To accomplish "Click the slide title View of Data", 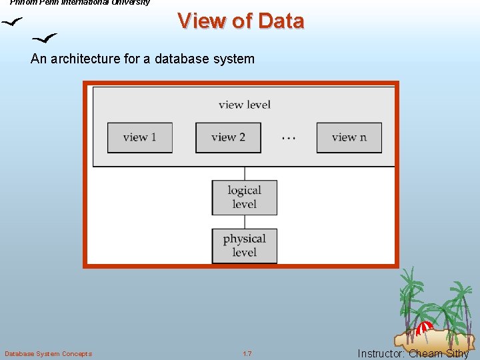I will point(241,21).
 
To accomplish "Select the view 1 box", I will point(140,137).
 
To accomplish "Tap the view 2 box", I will point(228,137).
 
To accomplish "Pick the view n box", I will point(349,137).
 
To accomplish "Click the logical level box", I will point(244,197).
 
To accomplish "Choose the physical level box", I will point(244,245).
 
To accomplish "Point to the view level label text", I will point(244,104).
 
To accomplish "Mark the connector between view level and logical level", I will point(244,173).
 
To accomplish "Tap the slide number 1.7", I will point(247,353).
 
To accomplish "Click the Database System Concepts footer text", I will point(48,353).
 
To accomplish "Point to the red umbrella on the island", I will point(425,327).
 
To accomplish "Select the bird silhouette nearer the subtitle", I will point(45,39).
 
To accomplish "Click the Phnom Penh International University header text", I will point(80,3).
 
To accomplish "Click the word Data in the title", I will point(281,21).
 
